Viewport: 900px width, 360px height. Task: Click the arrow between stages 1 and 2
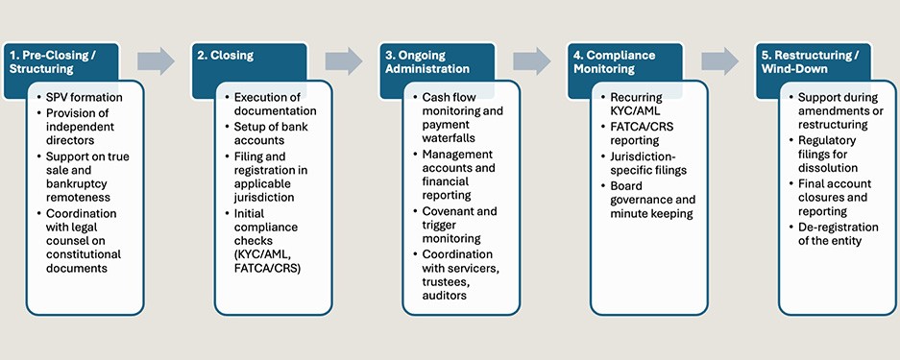click(156, 61)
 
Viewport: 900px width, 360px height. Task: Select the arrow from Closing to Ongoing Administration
click(344, 61)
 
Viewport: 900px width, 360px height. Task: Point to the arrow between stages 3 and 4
click(531, 61)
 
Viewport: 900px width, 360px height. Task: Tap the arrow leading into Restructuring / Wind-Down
click(719, 61)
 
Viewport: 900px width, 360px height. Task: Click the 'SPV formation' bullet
click(85, 98)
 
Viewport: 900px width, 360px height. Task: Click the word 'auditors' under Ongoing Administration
click(446, 297)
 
